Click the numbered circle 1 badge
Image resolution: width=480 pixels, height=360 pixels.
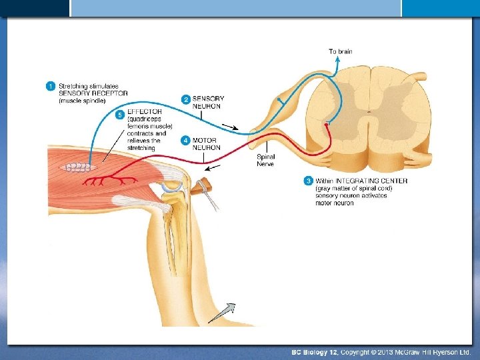click(x=50, y=86)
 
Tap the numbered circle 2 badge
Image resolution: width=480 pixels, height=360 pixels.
click(x=186, y=99)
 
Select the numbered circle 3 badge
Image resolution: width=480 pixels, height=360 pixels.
click(x=308, y=181)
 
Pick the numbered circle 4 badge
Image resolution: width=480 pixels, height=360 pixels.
click(x=186, y=141)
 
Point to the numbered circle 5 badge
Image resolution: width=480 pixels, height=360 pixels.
click(x=120, y=115)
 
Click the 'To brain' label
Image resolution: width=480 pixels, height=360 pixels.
click(x=340, y=51)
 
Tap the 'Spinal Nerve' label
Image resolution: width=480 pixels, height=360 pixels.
click(x=265, y=160)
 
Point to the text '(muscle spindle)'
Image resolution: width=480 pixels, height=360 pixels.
click(x=82, y=101)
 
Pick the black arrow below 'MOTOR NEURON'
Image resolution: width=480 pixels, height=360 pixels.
click(x=213, y=168)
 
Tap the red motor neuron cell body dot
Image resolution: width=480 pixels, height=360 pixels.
click(x=326, y=125)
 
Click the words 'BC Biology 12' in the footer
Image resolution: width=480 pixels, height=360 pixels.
click(x=315, y=351)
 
